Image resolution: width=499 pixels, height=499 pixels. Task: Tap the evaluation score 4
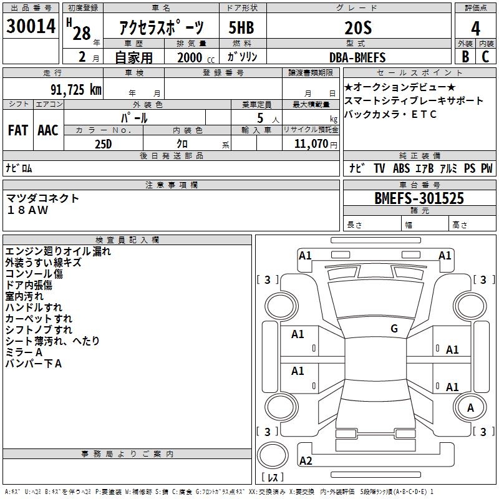pyautogui.click(x=475, y=28)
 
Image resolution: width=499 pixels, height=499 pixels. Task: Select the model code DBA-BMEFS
pyautogui.click(x=357, y=57)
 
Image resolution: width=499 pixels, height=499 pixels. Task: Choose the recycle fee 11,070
pyautogui.click(x=310, y=143)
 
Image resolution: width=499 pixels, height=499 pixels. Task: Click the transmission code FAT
pyautogui.click(x=17, y=130)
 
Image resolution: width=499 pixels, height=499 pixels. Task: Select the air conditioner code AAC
pyautogui.click(x=47, y=130)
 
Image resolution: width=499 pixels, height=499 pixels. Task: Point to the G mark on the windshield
pyautogui.click(x=394, y=329)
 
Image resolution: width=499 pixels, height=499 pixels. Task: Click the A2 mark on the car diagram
pyautogui.click(x=306, y=461)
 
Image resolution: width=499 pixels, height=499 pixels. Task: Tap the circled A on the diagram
pyautogui.click(x=471, y=407)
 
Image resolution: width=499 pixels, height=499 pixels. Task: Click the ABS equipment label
pyautogui.click(x=402, y=168)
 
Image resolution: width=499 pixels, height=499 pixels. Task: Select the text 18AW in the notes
pyautogui.click(x=27, y=210)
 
